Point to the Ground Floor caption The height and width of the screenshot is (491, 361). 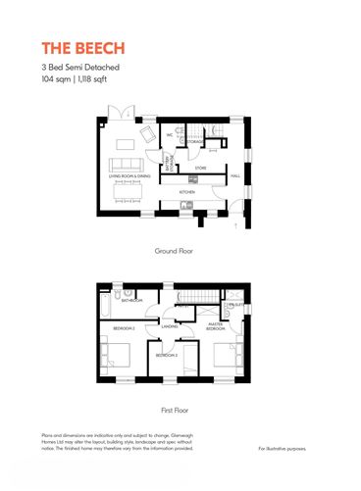tap(174, 252)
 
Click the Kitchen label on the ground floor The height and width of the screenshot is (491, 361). tap(186, 193)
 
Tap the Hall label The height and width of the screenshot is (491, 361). tap(235, 176)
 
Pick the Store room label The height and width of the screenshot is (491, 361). tap(199, 168)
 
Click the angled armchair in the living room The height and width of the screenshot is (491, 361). tap(147, 133)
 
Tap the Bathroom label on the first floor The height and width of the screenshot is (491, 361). tap(130, 302)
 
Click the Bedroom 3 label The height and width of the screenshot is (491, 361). tap(166, 355)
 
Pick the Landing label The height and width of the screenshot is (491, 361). tap(169, 326)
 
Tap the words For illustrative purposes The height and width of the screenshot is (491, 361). tap(283, 449)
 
